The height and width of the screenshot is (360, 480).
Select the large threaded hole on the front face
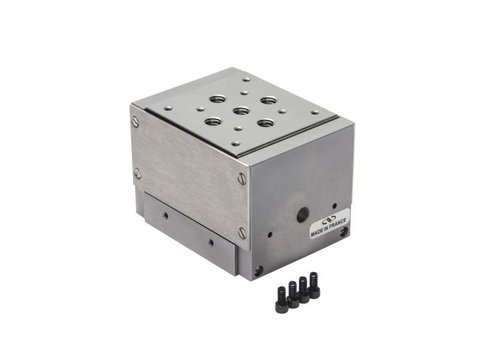click(x=303, y=213)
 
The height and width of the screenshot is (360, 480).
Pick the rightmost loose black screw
click(x=313, y=285)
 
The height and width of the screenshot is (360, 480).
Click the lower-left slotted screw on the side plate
click(x=137, y=174)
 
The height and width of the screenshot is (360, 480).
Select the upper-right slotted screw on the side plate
click(x=242, y=178)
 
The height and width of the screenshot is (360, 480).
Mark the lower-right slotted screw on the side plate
click(x=242, y=233)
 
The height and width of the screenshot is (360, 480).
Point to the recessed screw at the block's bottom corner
click(x=258, y=271)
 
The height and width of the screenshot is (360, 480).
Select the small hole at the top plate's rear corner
click(x=246, y=79)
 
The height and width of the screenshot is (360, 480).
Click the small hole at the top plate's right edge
click(x=315, y=112)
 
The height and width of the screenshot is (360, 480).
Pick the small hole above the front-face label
click(x=334, y=206)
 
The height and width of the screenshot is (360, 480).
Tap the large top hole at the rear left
click(x=217, y=99)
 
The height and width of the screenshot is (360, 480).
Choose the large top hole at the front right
click(x=265, y=123)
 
